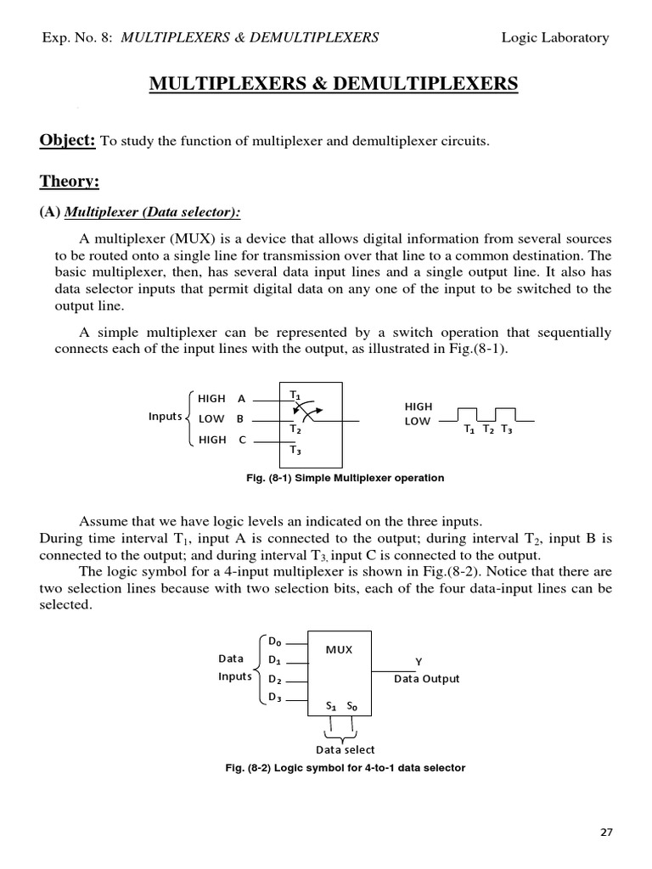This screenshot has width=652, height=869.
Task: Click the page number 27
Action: [605, 832]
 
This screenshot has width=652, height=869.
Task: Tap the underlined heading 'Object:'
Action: [67, 141]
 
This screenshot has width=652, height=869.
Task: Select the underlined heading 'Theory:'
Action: [70, 181]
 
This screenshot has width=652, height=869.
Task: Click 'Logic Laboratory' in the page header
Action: [555, 37]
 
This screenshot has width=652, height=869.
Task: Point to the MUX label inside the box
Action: [340, 650]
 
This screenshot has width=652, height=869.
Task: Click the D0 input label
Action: [275, 642]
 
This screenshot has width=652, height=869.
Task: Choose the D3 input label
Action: [275, 698]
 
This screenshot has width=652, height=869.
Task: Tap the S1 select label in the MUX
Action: [332, 705]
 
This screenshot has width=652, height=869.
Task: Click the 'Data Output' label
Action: [426, 679]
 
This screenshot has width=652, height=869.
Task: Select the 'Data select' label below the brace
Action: [345, 749]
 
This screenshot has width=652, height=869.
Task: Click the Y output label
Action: [418, 661]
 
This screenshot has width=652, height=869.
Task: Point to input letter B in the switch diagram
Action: [240, 418]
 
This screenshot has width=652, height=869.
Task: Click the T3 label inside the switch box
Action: [295, 450]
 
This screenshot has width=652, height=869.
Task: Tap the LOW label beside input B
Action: [211, 418]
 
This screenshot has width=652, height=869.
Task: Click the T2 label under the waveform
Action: [488, 429]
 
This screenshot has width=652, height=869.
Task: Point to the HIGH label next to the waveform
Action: [419, 406]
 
